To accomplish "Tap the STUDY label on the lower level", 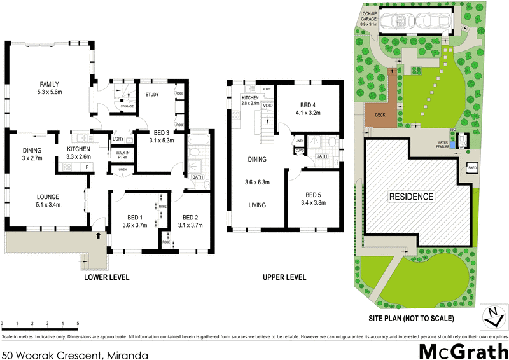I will [x=151, y=95].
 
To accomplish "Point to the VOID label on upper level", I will [x=268, y=105].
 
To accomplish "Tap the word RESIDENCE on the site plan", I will [x=412, y=197].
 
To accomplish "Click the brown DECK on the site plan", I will [x=380, y=114].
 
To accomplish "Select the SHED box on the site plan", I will [x=472, y=168].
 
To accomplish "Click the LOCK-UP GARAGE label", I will [x=369, y=19].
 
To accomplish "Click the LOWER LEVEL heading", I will [x=107, y=277].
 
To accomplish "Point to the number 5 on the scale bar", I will [x=78, y=324].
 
